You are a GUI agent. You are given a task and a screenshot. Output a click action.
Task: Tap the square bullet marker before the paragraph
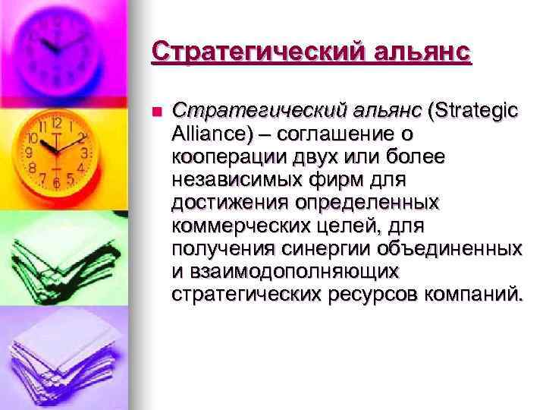157,112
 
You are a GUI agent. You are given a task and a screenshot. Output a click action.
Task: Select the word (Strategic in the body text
473,112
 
